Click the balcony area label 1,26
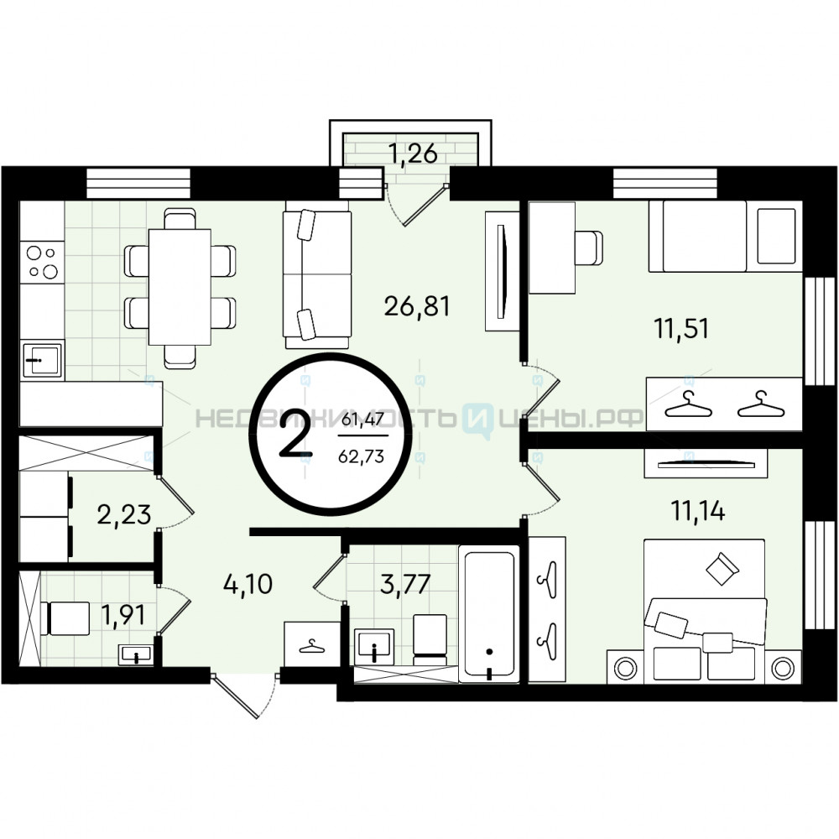[413, 154]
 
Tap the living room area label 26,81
[417, 306]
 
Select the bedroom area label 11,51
[681, 328]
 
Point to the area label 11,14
[698, 511]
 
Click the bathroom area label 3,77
[405, 584]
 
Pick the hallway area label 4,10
[248, 584]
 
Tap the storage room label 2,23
[124, 514]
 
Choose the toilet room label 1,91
[123, 615]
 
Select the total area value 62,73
[361, 456]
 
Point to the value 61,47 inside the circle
[362, 419]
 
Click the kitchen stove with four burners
[42, 262]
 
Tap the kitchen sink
[42, 360]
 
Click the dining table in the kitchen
[180, 287]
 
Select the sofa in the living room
[317, 275]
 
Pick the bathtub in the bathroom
[489, 614]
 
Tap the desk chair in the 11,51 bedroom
[589, 248]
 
